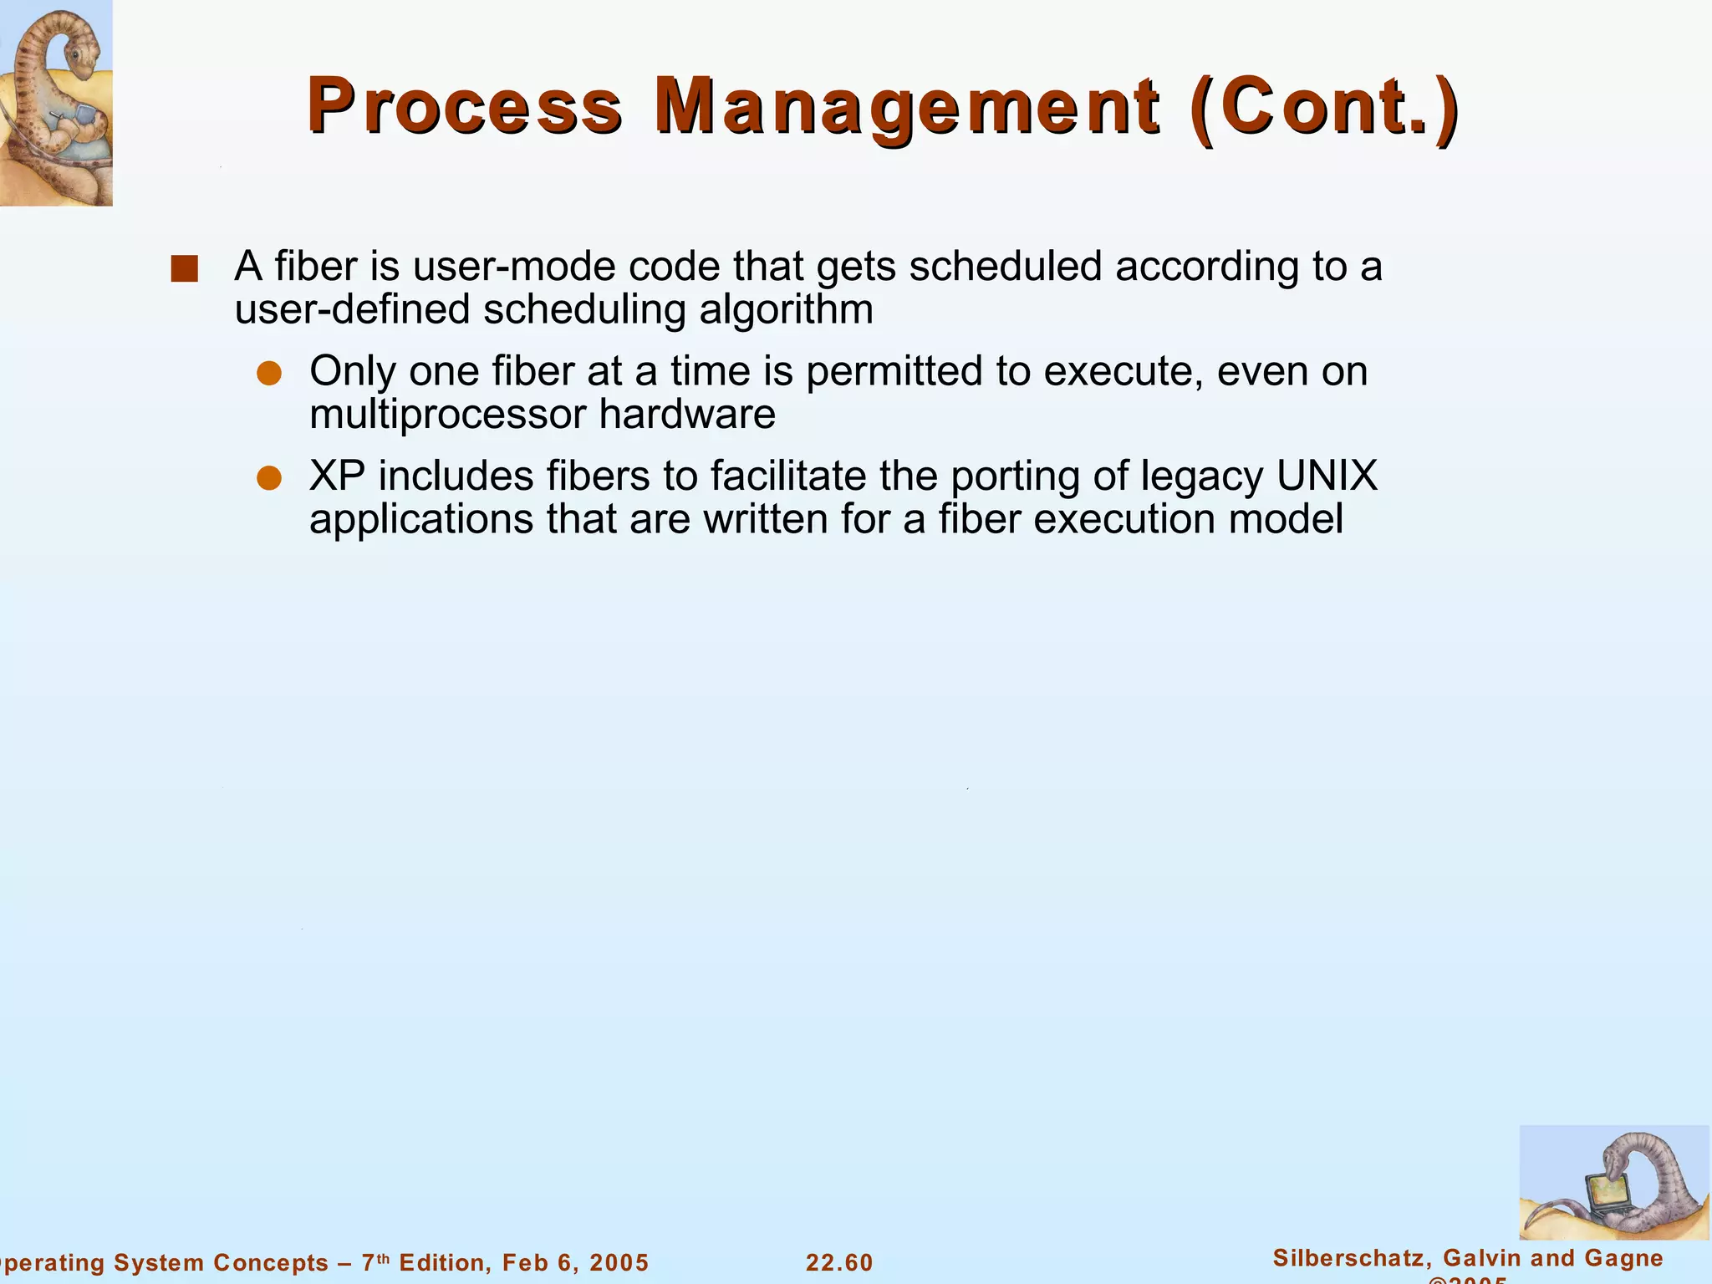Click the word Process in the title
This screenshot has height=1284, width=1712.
click(464, 107)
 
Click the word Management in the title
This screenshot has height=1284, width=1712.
click(908, 107)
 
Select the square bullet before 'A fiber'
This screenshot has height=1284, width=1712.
click(184, 269)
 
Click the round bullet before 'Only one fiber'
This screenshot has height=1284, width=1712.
click(268, 374)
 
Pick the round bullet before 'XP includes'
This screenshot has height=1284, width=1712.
click(268, 478)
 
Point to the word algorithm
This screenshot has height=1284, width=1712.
click(786, 310)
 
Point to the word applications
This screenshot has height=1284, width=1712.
click(421, 520)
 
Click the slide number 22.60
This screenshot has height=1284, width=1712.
click(839, 1262)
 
